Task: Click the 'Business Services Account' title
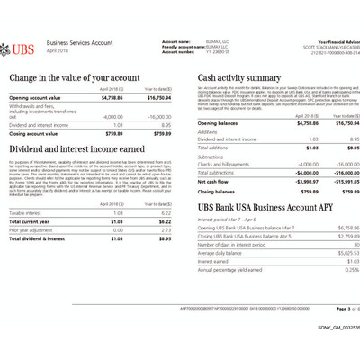pyautogui.click(x=79, y=42)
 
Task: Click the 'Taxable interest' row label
pyautogui.click(x=28, y=212)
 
